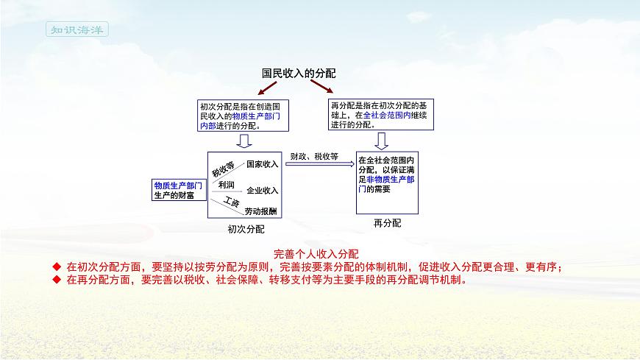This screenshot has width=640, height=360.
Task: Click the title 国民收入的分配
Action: coord(299,74)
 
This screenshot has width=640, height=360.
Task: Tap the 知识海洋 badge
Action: coord(77,30)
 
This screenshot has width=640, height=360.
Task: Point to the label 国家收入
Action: coord(262,163)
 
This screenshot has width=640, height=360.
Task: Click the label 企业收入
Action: coord(262,190)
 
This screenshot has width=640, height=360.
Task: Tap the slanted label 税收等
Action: coord(223,169)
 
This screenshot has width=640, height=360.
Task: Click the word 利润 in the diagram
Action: coord(226,185)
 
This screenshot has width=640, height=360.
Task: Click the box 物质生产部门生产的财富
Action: coord(178,190)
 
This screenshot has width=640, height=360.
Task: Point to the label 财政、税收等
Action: coord(314,156)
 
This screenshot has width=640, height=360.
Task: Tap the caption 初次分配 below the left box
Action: coord(246,229)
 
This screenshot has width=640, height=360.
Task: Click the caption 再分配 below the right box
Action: coord(387,222)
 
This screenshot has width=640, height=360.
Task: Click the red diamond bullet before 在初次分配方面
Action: coord(56,267)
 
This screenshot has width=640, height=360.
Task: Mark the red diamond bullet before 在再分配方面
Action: coord(56,280)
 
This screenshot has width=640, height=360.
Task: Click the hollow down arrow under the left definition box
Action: coord(244,141)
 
